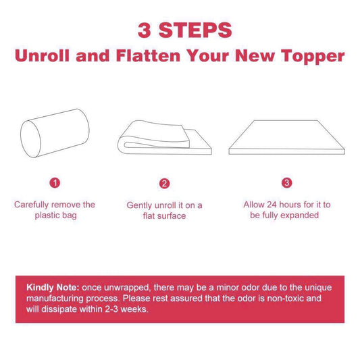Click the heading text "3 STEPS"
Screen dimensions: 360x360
coord(184,30)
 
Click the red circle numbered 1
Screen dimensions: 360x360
coord(55,182)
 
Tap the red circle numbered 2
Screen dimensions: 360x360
coord(164,183)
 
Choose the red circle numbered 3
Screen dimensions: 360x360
coord(287,182)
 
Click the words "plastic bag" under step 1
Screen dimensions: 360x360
coord(55,215)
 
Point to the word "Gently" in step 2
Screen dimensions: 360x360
coord(140,205)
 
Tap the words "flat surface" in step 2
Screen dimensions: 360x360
coord(164,216)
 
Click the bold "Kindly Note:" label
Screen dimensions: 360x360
coord(53,286)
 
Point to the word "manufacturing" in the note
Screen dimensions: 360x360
coord(56,298)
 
